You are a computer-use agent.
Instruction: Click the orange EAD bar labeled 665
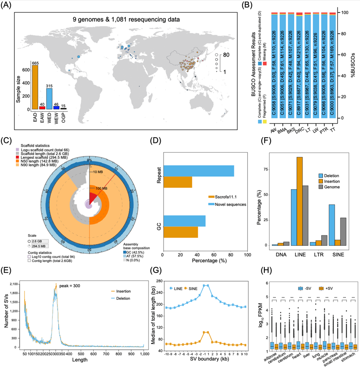(35, 87)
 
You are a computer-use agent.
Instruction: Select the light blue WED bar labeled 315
(48, 99)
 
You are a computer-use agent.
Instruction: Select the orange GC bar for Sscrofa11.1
(180, 232)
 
